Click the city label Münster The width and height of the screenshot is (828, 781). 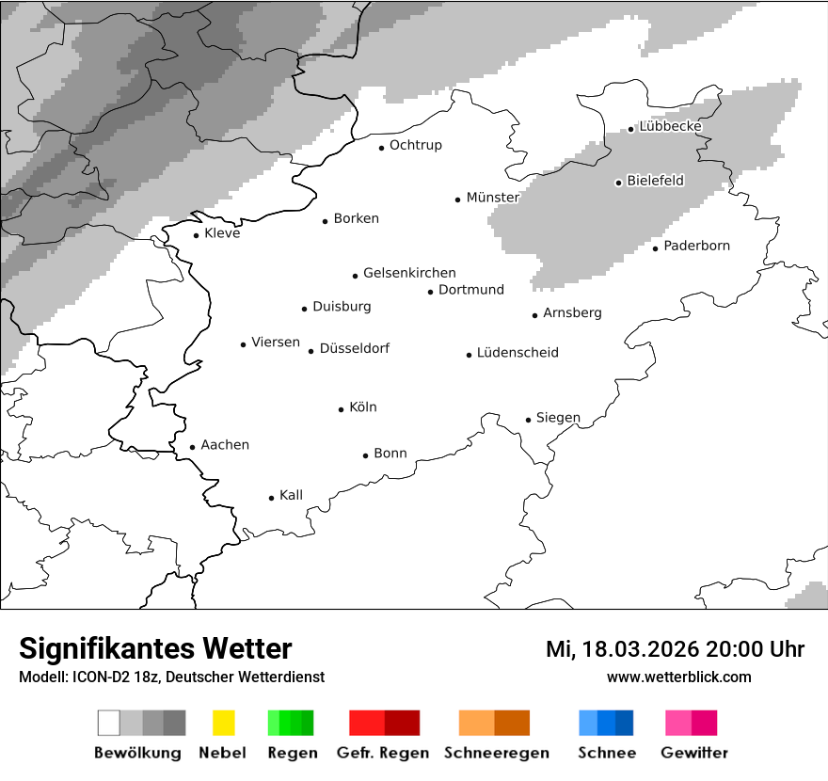coord(492,198)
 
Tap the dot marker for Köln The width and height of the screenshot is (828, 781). coord(341,409)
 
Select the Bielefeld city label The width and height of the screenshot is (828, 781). coord(655,181)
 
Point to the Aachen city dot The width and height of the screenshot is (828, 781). coord(192,448)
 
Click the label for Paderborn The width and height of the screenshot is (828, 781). coord(696,247)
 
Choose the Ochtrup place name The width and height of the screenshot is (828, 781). coord(415,146)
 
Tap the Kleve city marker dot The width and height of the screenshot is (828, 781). coord(196,235)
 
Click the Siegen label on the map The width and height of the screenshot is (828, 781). coord(558,418)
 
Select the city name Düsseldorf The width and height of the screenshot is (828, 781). coord(354,349)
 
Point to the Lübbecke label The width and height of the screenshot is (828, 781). coord(670,127)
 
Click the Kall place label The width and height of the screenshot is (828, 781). coord(291,496)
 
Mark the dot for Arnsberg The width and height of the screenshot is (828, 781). coord(534,315)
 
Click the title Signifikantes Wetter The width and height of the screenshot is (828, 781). coord(155,649)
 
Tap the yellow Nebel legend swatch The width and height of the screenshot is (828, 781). coord(223,723)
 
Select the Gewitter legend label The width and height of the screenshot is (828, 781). coord(693,753)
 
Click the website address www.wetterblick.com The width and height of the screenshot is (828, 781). coord(678,677)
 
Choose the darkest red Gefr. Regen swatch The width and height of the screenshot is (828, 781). coord(402,723)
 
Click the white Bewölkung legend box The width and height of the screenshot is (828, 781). coord(109,723)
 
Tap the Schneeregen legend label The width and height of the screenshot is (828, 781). coord(496,753)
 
